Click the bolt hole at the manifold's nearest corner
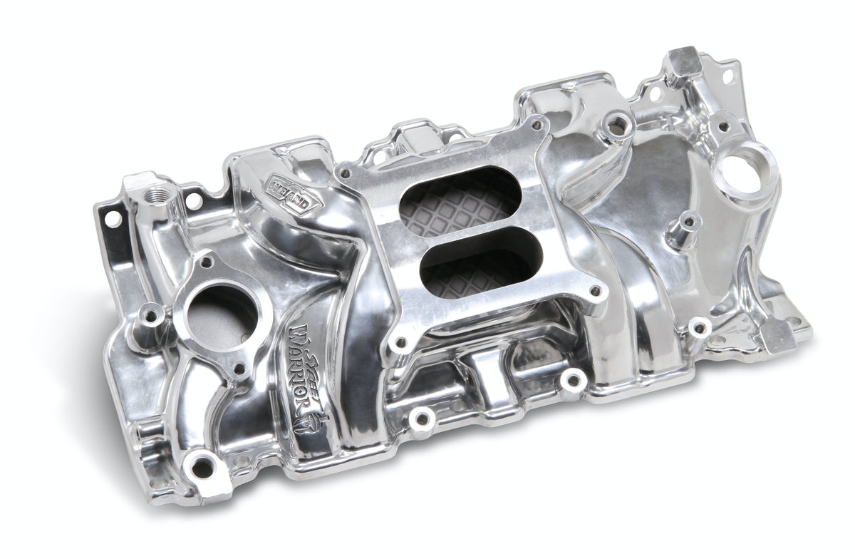coord(202,467)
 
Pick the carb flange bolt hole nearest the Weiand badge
coord(346,172)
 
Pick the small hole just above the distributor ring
coord(723,127)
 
